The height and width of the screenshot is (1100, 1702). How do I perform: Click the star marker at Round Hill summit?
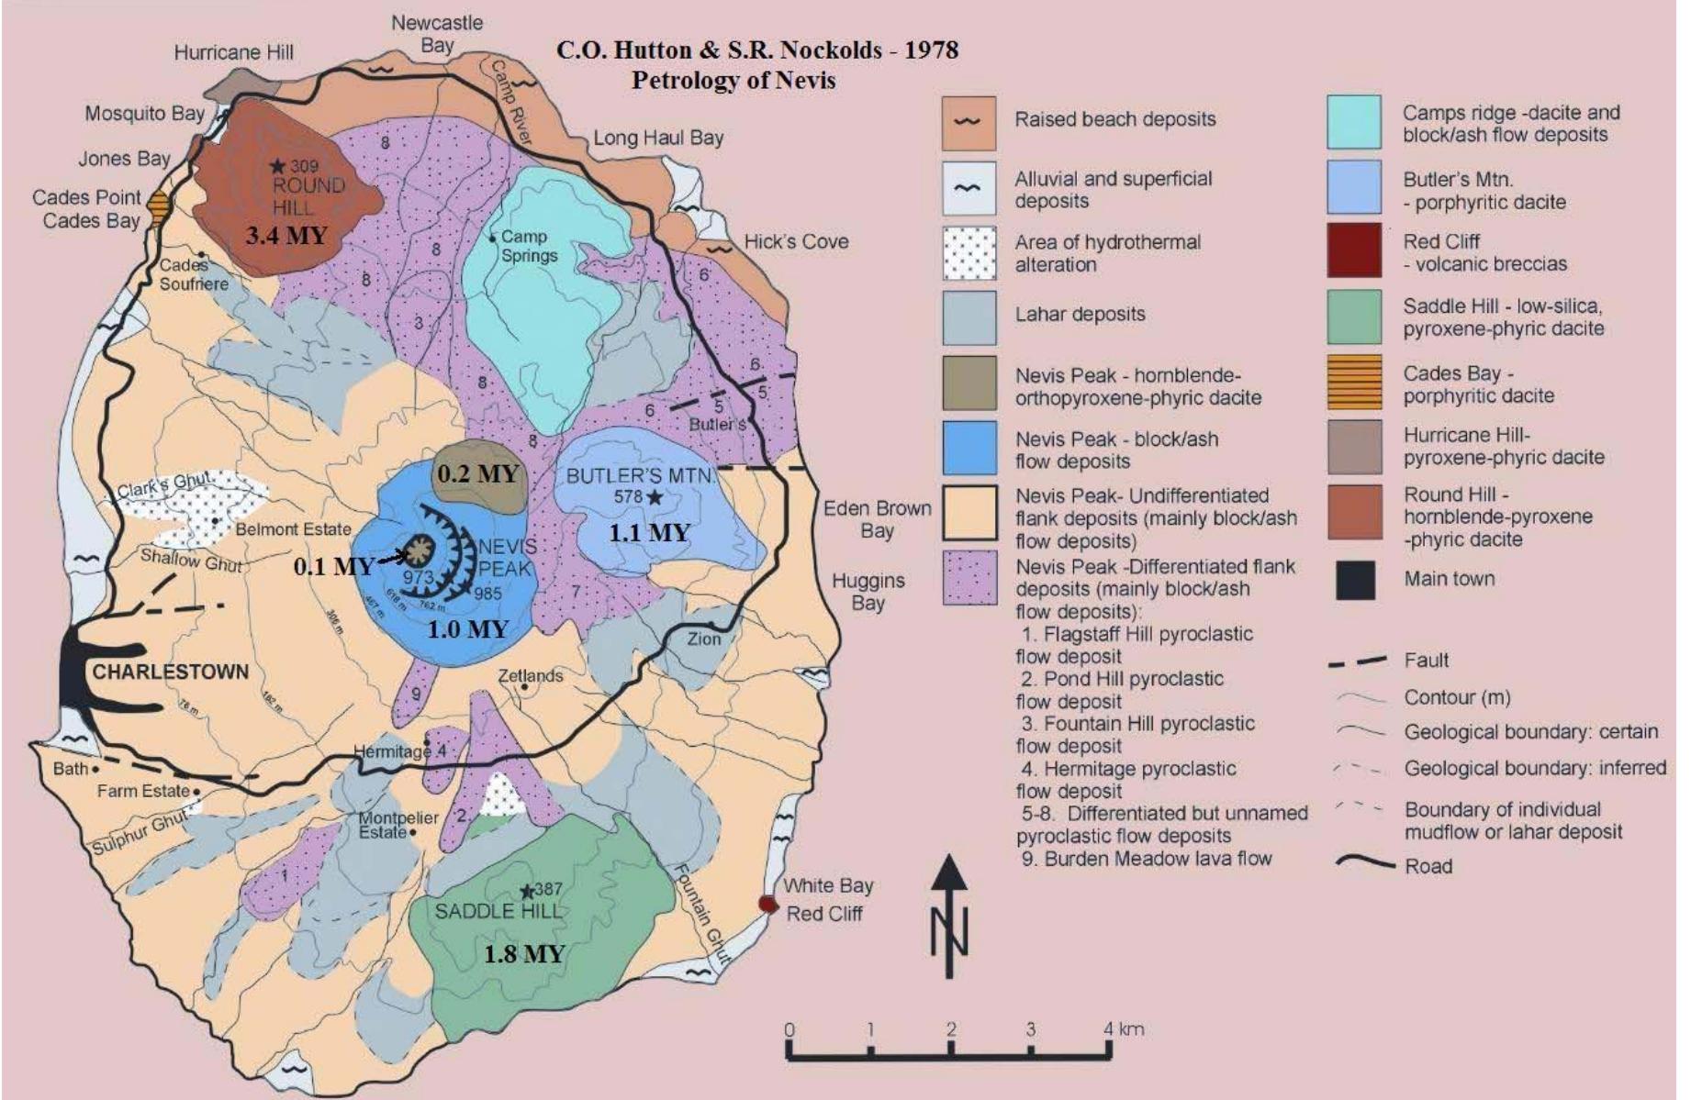(x=277, y=166)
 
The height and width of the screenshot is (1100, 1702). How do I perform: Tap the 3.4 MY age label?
(x=286, y=236)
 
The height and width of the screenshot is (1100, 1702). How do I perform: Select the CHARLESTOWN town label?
(x=170, y=672)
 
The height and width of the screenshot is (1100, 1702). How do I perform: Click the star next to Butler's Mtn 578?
(x=655, y=497)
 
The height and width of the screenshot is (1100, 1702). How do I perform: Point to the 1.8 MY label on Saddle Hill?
(x=523, y=954)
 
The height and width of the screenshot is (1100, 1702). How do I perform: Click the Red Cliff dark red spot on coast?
(x=767, y=904)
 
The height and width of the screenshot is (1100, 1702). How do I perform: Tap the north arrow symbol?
(x=950, y=917)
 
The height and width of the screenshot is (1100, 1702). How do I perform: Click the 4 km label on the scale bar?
(x=1124, y=1028)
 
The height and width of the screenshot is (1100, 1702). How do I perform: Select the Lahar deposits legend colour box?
(x=969, y=317)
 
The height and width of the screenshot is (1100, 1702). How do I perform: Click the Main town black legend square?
(x=1355, y=580)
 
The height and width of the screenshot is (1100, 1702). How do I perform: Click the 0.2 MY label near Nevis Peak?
(x=477, y=474)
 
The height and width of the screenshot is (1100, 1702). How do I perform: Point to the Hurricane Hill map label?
(x=234, y=52)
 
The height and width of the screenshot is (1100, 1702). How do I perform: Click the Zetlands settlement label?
(x=531, y=675)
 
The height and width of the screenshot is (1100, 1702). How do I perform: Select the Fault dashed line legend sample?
(x=1358, y=661)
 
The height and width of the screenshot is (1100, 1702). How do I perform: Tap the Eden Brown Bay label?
(x=877, y=519)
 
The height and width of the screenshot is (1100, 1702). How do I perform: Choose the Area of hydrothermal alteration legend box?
(x=969, y=252)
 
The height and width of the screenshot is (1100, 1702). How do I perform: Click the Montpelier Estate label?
(x=397, y=825)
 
